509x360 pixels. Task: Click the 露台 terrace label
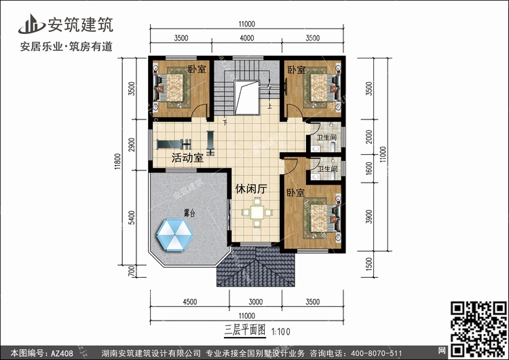click(189, 213)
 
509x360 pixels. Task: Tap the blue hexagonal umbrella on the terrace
click(174, 235)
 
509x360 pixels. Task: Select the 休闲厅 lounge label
click(251, 189)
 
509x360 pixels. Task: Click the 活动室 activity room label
click(187, 158)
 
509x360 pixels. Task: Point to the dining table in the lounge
click(257, 213)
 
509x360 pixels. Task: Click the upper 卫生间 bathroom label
click(327, 137)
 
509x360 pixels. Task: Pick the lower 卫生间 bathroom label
click(327, 169)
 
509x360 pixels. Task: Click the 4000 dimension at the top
click(247, 38)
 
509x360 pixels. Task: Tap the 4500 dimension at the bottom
click(189, 302)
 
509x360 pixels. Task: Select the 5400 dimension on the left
click(132, 217)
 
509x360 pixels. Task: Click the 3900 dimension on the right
click(369, 217)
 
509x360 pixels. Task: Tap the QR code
click(478, 329)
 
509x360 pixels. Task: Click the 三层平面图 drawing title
click(245, 330)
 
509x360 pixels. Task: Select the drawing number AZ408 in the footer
click(62, 353)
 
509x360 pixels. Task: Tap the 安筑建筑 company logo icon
click(31, 24)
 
